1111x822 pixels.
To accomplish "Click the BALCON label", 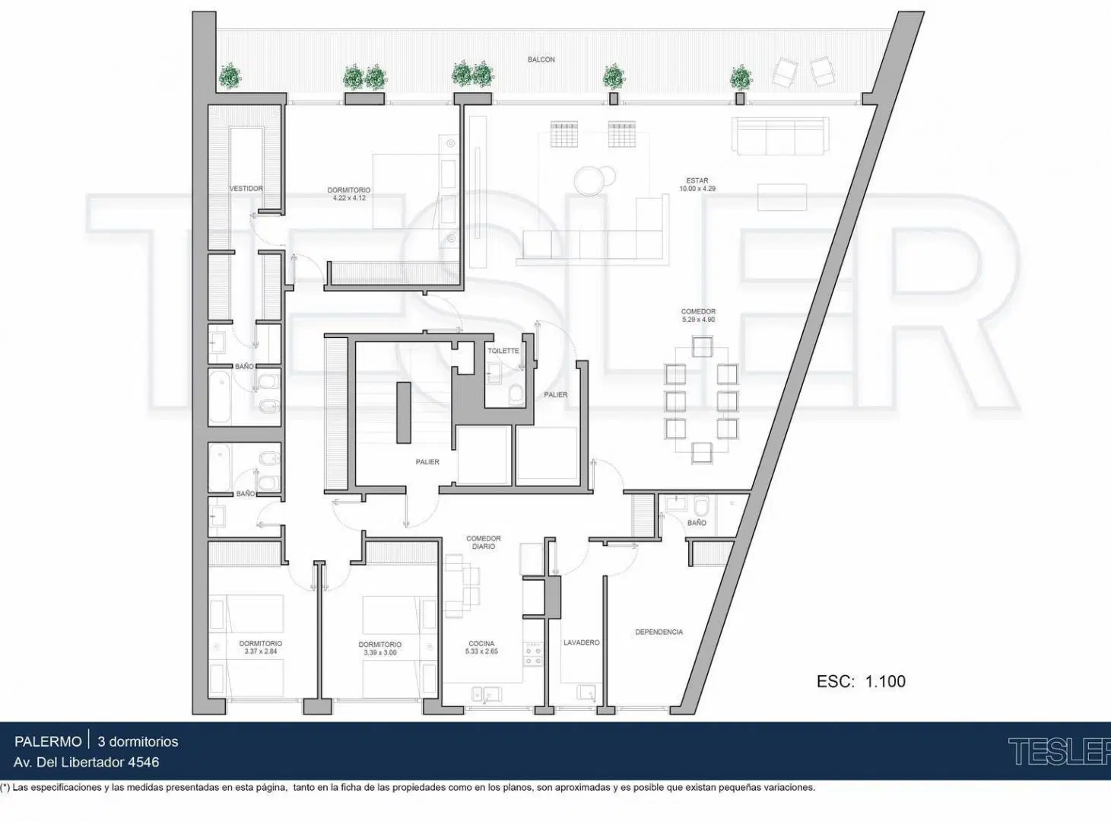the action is [x=541, y=59].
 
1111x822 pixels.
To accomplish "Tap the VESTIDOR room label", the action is [x=246, y=189].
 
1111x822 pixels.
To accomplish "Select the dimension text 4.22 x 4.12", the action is [x=349, y=198].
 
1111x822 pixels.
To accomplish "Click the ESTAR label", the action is [x=697, y=180].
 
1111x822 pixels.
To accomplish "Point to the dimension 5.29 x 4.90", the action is [x=698, y=320].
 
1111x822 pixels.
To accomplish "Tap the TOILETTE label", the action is [x=503, y=351].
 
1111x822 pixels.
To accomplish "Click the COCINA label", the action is [x=481, y=643].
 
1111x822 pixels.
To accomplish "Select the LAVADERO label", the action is [x=582, y=642].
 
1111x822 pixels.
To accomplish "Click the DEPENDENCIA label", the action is [x=659, y=632].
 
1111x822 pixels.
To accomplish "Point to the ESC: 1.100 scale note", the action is [x=861, y=681].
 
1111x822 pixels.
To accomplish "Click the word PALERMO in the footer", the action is [x=48, y=741].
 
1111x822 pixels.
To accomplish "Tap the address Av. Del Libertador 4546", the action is [x=86, y=763].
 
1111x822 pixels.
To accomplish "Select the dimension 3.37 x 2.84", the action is [x=261, y=652].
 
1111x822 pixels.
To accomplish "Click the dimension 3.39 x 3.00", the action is [x=380, y=652].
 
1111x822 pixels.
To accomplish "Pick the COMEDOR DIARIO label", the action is [x=484, y=542].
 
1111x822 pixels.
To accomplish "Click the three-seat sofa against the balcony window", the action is [x=780, y=136].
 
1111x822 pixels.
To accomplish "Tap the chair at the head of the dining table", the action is [x=702, y=346].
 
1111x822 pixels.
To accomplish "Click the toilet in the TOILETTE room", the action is [x=516, y=395].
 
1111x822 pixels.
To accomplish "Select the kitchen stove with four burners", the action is [x=533, y=654].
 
